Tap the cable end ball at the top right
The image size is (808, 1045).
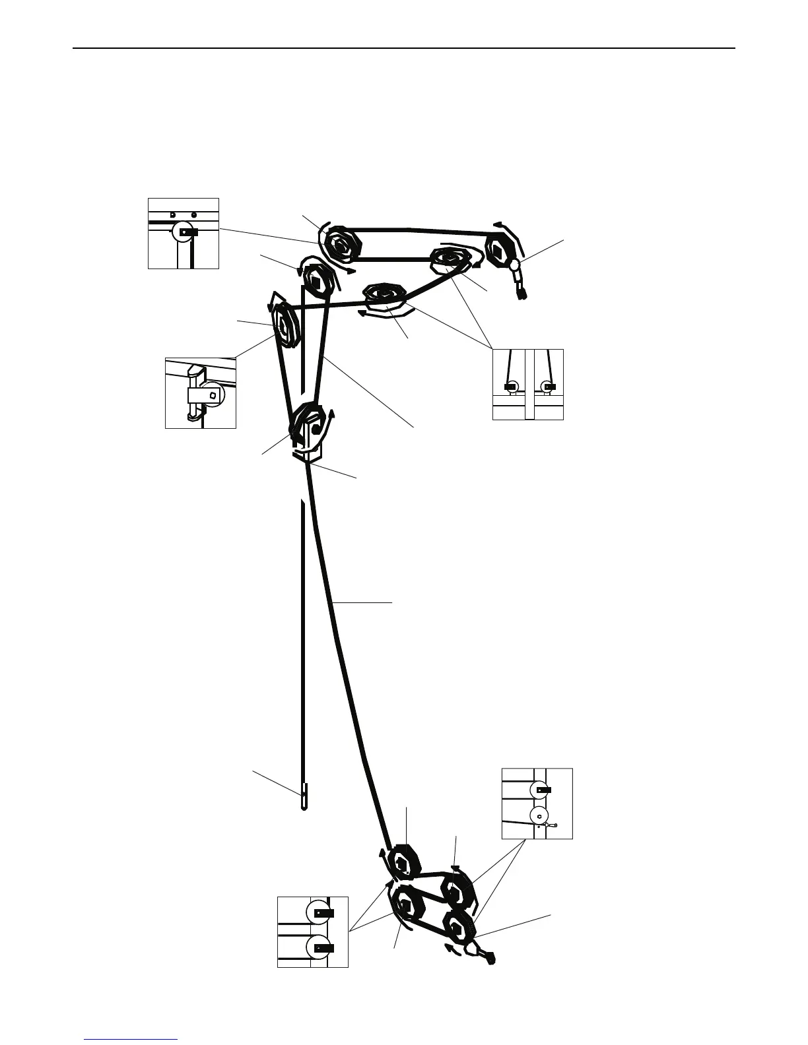point(514,266)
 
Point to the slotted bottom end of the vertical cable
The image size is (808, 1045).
point(304,796)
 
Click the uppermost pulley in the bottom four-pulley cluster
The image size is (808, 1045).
point(402,862)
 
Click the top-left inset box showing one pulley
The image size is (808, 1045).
point(183,233)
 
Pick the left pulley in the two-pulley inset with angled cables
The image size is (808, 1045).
point(512,386)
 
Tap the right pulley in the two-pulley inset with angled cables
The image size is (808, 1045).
point(547,386)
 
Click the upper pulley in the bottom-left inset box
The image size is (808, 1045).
point(319,912)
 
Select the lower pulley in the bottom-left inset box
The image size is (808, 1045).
point(319,947)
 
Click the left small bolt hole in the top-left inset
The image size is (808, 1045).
point(172,214)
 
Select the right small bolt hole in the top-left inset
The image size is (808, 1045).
point(193,214)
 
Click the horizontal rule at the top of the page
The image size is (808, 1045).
point(403,48)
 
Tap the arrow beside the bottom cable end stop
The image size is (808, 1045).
point(453,949)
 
